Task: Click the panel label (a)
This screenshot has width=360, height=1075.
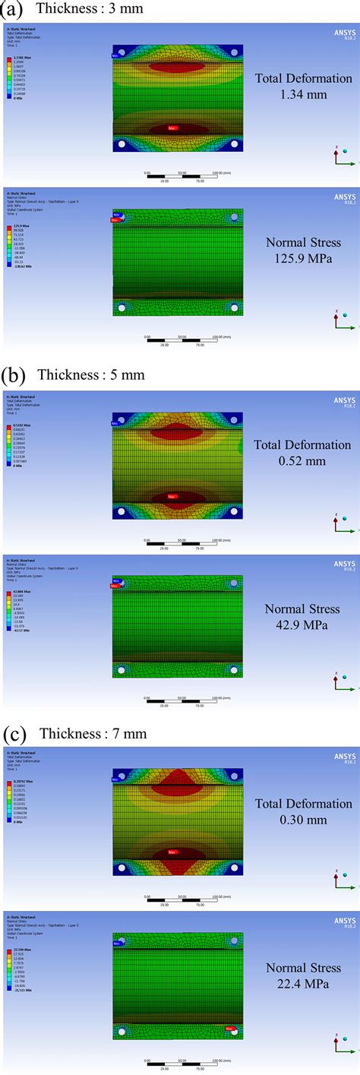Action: coord(13,8)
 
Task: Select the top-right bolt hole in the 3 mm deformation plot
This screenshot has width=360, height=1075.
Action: coord(235,52)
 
